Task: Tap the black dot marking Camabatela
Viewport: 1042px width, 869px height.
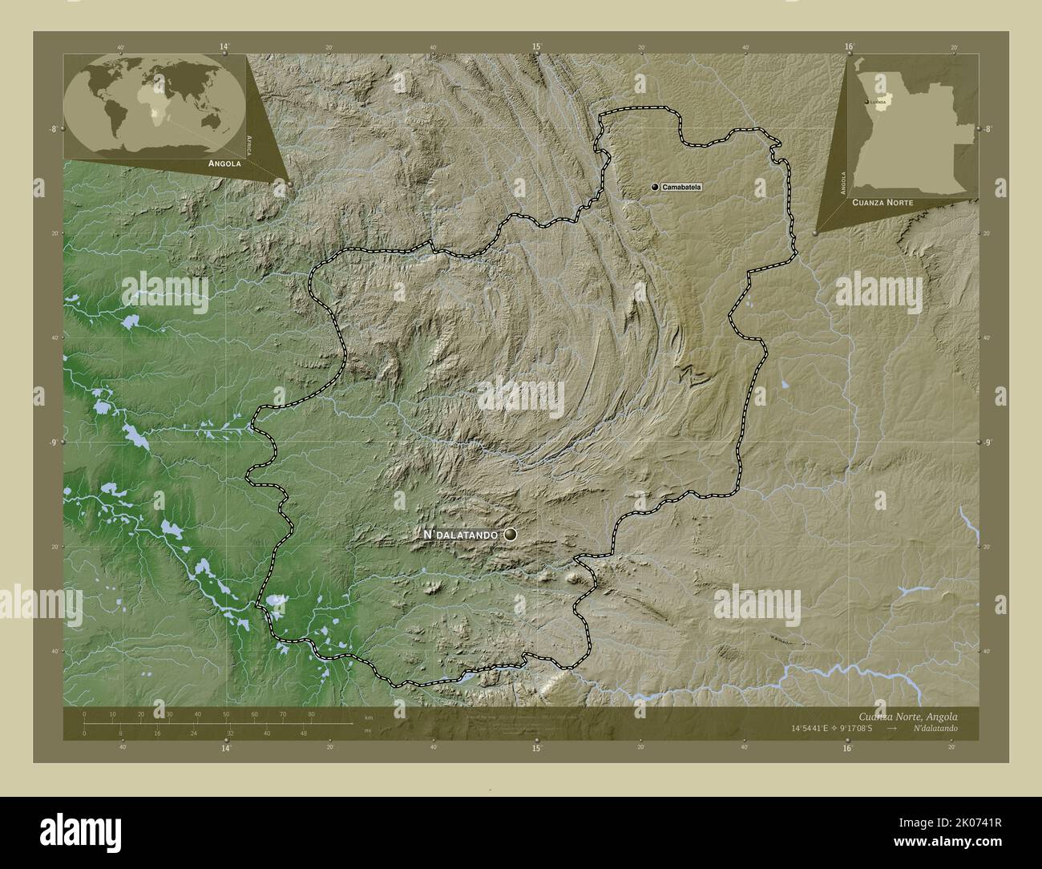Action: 655,187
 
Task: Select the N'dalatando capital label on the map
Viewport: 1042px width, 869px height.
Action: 461,534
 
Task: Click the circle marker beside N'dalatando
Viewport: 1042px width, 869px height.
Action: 511,534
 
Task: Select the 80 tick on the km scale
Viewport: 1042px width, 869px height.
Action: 311,713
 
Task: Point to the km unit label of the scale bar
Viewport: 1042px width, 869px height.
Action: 368,717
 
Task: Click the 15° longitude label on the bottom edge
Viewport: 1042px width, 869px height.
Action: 536,748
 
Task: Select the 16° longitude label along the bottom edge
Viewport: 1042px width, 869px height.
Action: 847,748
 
